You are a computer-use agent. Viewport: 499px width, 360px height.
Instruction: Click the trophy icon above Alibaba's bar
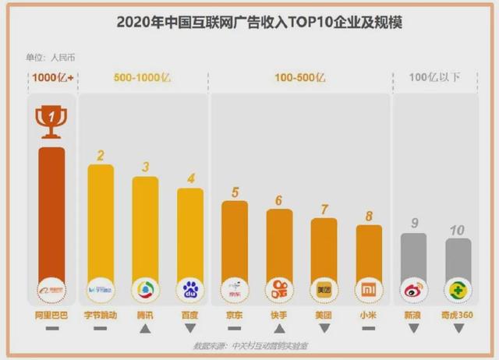[x=51, y=121]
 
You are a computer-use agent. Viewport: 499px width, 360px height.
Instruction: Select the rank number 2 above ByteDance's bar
[x=100, y=154]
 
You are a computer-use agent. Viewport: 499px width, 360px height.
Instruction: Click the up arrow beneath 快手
[x=279, y=328]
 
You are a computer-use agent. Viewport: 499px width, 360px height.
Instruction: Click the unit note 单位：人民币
[x=51, y=57]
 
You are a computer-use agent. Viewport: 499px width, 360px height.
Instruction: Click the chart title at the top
[x=249, y=21]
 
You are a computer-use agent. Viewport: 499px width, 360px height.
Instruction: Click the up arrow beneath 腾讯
[x=145, y=328]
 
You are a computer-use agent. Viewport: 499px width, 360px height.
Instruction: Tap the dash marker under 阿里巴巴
[x=51, y=329]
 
